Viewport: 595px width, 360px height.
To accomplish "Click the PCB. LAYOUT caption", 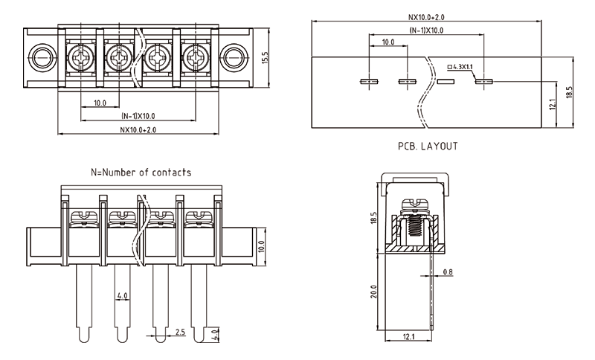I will [x=427, y=146].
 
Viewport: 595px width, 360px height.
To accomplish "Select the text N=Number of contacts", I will [x=141, y=172].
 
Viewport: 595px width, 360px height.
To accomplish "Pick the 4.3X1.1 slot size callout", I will [x=462, y=67].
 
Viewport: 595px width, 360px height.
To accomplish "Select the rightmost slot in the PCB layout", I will [x=484, y=81].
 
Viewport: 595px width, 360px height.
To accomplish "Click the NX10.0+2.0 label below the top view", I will [x=138, y=129].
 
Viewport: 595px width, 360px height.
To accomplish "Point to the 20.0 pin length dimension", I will [x=375, y=292].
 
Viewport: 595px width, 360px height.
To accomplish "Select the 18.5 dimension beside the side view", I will [x=375, y=218].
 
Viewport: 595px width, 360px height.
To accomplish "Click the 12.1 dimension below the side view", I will [x=408, y=338].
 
